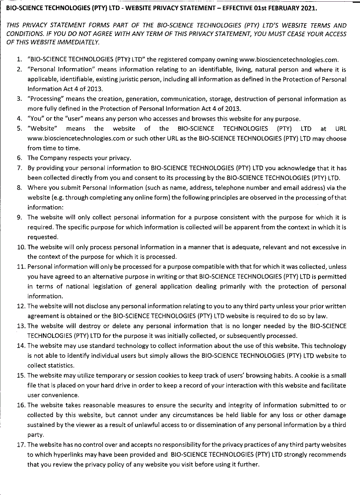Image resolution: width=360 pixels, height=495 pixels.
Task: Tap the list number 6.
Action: [19, 158]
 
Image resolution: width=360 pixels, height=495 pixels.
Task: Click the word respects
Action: [72, 158]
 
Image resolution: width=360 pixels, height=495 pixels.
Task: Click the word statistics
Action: [61, 365]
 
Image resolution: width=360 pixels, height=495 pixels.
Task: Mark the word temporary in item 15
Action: [115, 376]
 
